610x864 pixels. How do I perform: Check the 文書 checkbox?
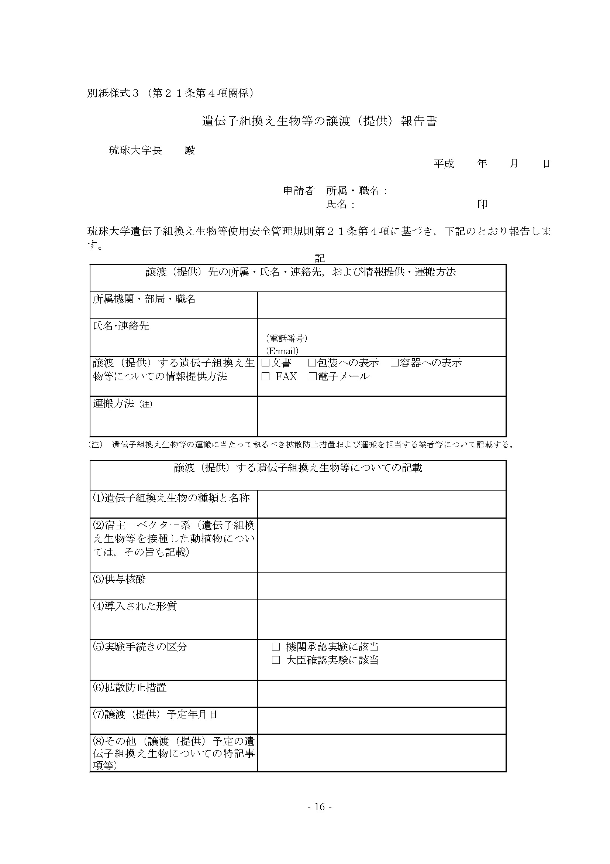click(x=265, y=363)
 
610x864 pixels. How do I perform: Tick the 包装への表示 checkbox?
click(x=312, y=363)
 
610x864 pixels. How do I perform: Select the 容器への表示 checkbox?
click(x=394, y=363)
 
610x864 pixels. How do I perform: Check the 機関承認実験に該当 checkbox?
click(x=276, y=647)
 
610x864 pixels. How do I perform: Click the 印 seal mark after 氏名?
click(x=482, y=204)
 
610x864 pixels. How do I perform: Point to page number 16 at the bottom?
click(x=320, y=807)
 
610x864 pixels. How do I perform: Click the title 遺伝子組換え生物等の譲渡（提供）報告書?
click(x=320, y=121)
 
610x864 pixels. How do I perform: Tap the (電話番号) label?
click(x=286, y=338)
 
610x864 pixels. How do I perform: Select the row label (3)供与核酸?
click(x=119, y=579)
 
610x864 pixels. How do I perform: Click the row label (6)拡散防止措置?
click(x=130, y=687)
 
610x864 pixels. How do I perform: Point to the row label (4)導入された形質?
click(x=135, y=606)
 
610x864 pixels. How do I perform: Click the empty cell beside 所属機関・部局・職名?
click(x=382, y=305)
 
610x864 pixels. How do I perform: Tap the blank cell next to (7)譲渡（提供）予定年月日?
click(x=382, y=720)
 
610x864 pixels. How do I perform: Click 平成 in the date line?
click(x=444, y=164)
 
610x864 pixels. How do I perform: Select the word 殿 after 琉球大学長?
click(x=190, y=150)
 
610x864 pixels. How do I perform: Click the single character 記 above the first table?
click(x=320, y=258)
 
